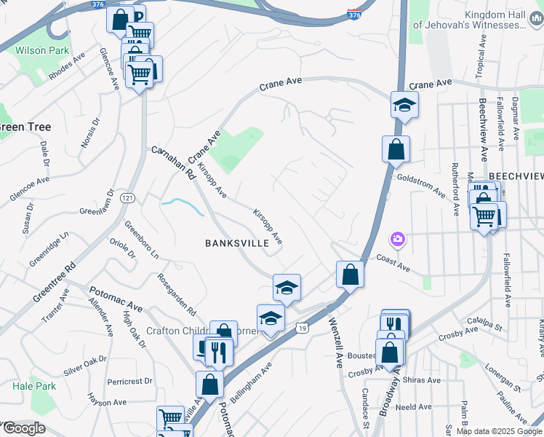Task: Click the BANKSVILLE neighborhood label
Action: (237, 243)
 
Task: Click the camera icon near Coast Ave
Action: (397, 238)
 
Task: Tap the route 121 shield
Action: (128, 198)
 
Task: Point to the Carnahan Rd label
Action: (174, 163)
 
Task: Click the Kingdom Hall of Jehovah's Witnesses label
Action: (469, 19)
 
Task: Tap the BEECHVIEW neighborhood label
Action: (516, 176)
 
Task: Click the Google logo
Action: (23, 428)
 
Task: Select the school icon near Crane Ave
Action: (404, 106)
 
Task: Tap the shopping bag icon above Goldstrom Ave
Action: (396, 150)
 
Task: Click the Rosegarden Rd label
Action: (177, 294)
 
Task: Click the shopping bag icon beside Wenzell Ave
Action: (350, 275)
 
